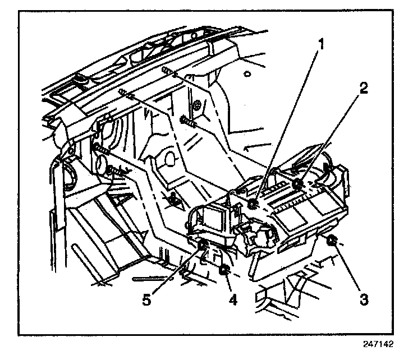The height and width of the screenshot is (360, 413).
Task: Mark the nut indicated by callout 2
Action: point(298,184)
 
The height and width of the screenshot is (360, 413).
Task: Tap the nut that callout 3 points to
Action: point(331,242)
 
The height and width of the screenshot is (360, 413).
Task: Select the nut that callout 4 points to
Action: point(226,271)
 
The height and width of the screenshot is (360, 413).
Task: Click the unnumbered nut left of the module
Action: point(174,197)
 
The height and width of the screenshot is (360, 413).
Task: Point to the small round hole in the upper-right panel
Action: point(247,73)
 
